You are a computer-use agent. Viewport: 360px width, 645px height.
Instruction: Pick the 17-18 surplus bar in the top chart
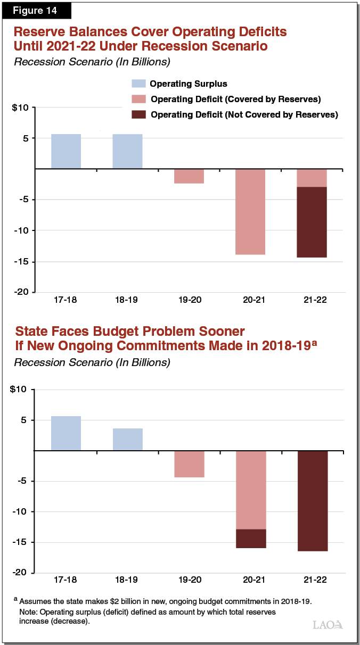point(66,152)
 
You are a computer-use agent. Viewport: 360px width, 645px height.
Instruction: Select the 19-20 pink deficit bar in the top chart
point(189,176)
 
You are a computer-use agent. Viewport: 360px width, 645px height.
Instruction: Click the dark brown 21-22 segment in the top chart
point(312,222)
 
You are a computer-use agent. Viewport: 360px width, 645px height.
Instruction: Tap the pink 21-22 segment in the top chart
point(312,178)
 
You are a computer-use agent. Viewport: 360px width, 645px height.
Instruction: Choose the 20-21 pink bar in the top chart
point(250,212)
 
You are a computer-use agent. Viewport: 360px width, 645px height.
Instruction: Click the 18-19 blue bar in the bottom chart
point(127,439)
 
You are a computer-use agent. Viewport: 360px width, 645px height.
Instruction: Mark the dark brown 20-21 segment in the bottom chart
point(250,539)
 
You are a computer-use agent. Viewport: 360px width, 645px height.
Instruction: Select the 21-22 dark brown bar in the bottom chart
point(312,501)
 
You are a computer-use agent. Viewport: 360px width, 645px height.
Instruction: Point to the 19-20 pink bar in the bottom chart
point(189,464)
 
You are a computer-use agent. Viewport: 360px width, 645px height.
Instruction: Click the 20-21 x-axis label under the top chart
point(250,300)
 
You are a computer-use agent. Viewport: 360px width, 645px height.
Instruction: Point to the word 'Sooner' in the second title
point(216,332)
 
